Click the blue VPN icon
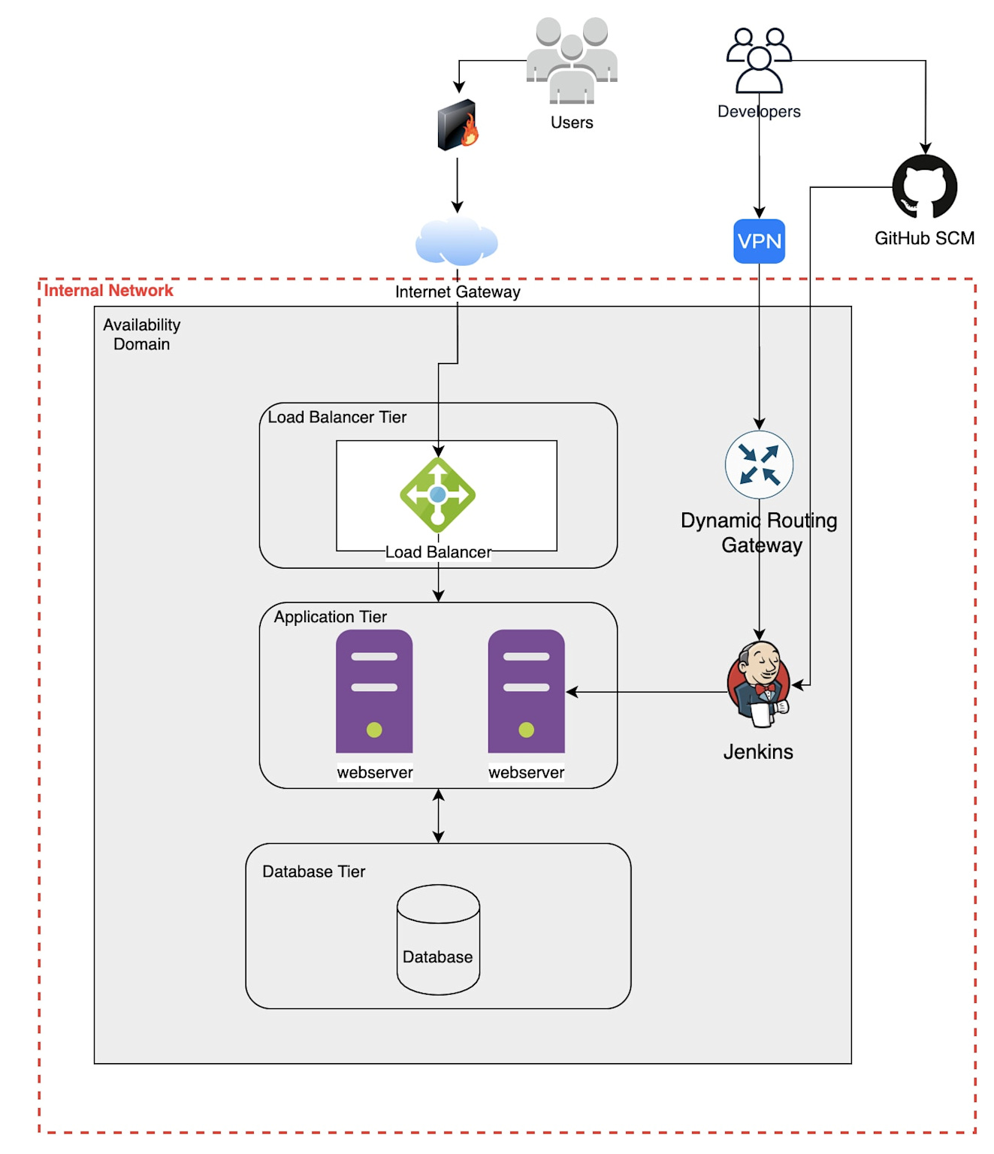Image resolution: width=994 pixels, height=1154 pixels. coord(759,241)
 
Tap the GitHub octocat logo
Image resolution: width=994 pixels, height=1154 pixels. coord(924,187)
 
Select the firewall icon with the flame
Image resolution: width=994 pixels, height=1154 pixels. coord(458,125)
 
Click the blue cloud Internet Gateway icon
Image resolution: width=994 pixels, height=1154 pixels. coord(457,242)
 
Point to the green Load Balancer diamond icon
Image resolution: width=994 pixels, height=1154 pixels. coord(438,495)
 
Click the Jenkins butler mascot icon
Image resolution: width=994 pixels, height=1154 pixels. coord(759,684)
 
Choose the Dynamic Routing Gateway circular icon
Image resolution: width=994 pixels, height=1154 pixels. coord(759,464)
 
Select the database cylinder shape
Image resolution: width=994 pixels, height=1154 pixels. coord(438,939)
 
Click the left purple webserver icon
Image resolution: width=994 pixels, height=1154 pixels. coord(374,691)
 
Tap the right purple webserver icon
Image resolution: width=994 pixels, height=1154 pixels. coord(526,691)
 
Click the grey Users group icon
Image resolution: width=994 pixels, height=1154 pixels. coord(572,60)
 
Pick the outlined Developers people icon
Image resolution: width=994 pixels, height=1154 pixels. coord(759,60)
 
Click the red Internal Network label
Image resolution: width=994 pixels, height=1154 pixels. coord(108,291)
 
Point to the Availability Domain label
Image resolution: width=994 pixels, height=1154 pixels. coord(141,334)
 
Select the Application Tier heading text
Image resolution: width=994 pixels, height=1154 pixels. coord(330,617)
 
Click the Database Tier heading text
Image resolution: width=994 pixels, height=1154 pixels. coord(313,872)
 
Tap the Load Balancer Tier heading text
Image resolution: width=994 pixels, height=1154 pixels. coord(337,417)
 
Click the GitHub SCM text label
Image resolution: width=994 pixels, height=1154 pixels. coord(924,238)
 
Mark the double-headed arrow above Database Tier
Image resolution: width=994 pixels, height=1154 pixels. coord(439,816)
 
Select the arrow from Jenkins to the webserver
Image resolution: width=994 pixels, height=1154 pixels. coord(646,692)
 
